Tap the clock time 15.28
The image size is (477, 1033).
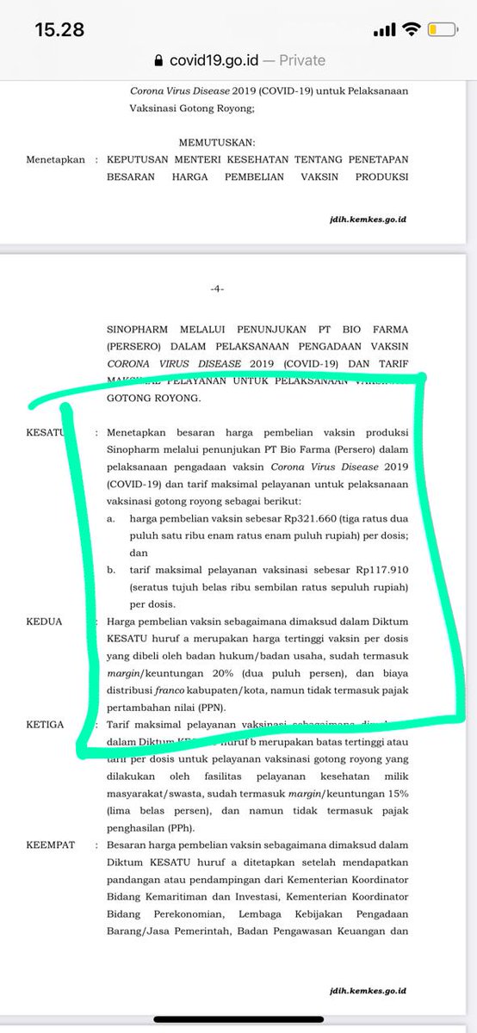click(59, 29)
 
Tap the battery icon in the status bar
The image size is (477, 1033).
click(443, 30)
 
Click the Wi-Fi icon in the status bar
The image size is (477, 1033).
click(411, 29)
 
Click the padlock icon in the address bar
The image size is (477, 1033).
click(157, 60)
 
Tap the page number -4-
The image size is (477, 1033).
click(217, 289)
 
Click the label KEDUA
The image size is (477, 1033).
click(44, 621)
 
